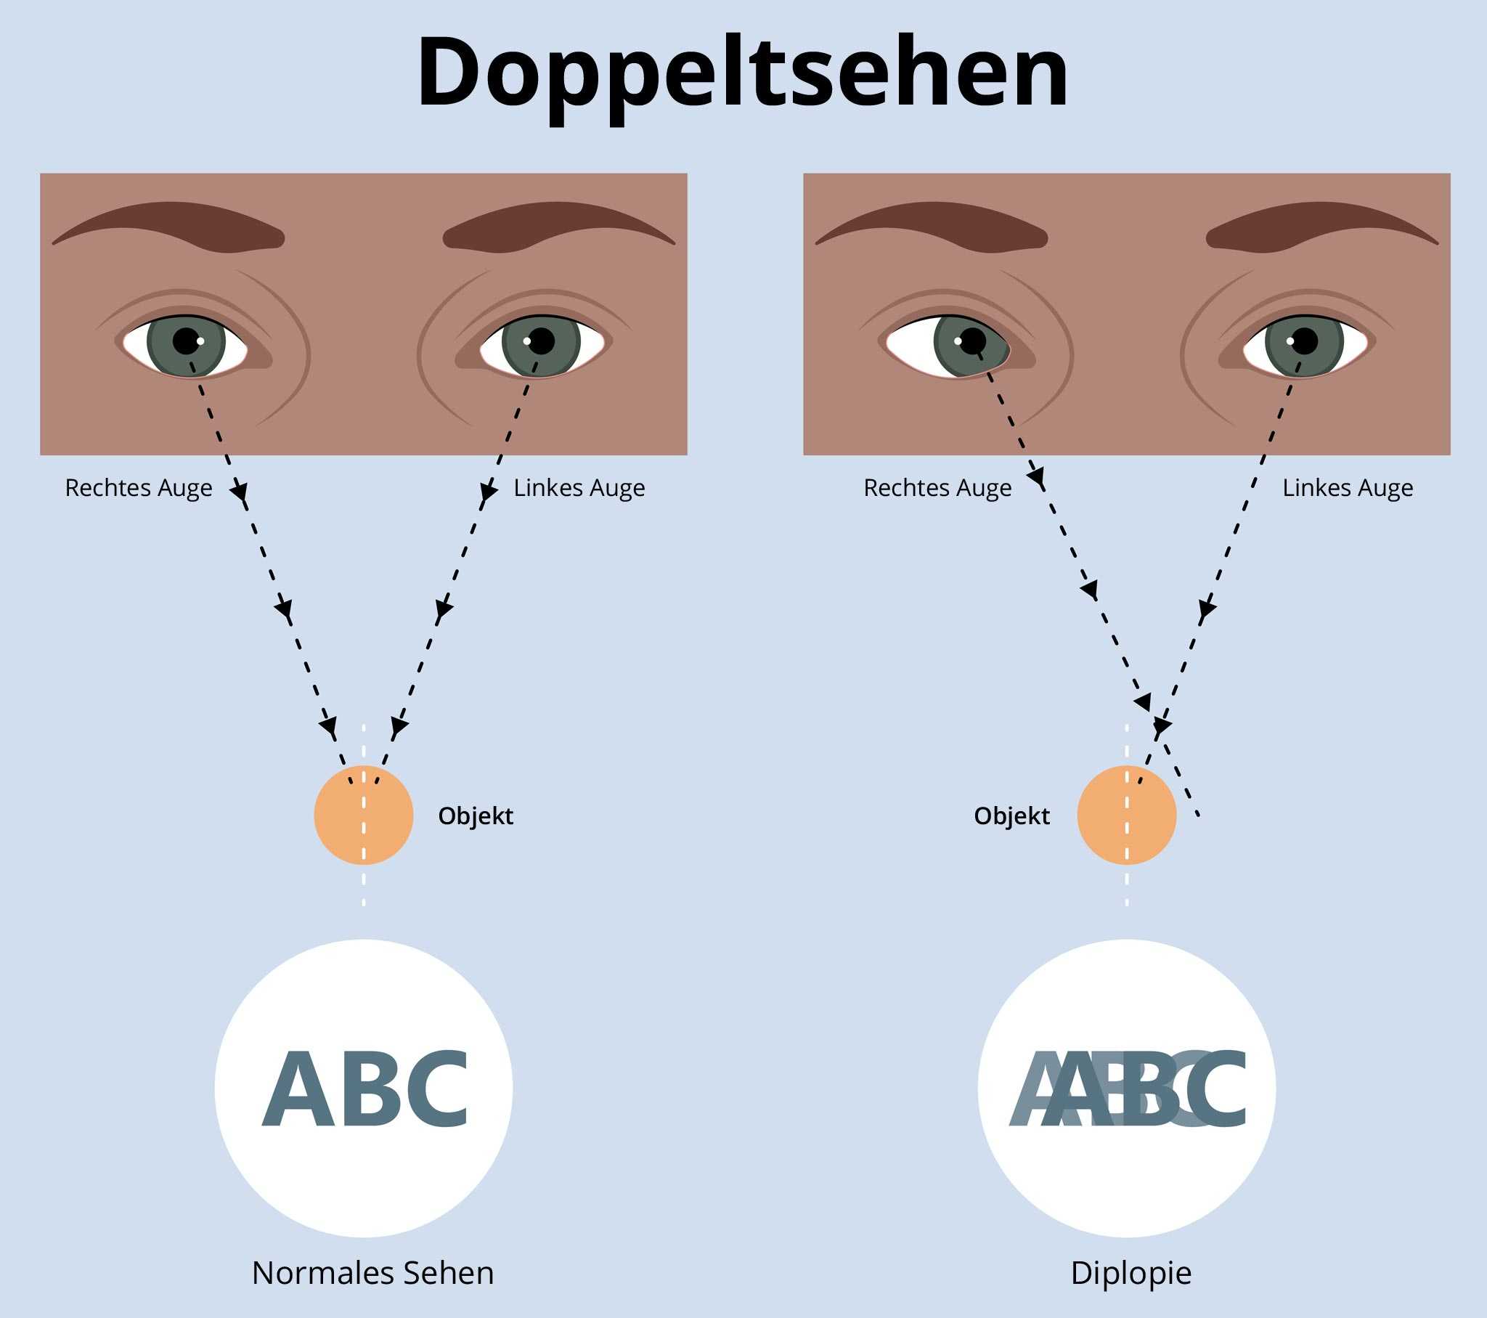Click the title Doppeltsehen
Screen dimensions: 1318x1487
[742, 73]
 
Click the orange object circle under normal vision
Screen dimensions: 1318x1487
[364, 814]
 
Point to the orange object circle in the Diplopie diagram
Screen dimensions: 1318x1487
[1126, 814]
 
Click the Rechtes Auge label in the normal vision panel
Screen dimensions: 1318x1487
[138, 487]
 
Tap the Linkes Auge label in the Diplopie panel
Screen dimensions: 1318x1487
[1348, 487]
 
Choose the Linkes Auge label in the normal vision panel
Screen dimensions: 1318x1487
[579, 487]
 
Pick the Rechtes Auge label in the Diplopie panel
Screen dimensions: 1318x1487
[937, 487]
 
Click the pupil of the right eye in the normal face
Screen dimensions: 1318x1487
[187, 341]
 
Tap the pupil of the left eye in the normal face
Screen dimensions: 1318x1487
[541, 341]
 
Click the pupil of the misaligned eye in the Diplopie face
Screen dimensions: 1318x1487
[973, 341]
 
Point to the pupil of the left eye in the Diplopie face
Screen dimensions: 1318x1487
[1305, 341]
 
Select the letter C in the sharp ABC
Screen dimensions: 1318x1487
[433, 1089]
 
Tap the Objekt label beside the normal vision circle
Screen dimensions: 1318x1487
[476, 815]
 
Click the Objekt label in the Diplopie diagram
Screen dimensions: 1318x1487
[1011, 815]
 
